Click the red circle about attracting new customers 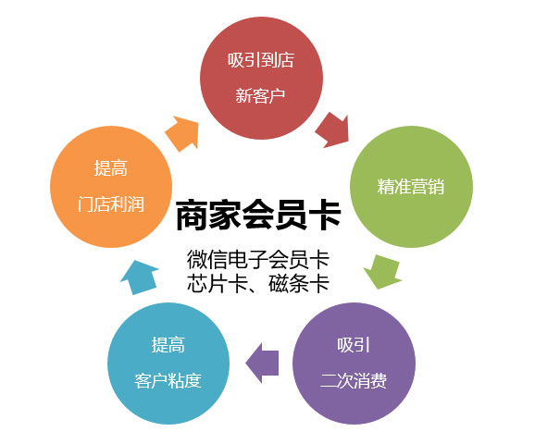[261, 78]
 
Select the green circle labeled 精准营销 [411, 187]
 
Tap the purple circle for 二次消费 [354, 364]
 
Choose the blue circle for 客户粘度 [168, 364]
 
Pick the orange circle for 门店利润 [111, 187]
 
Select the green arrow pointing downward [383, 272]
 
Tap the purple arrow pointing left [262, 363]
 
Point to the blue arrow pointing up [139, 277]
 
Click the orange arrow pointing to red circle [182, 133]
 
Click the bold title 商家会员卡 [258, 216]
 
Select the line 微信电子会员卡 [258, 260]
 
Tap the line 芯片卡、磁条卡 [258, 283]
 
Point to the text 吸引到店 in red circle [261, 60]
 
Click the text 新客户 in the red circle [260, 95]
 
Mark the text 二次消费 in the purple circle [354, 381]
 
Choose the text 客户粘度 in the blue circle [168, 381]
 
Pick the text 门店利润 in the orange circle [111, 204]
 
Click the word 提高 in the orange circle [111, 168]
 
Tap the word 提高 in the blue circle [168, 345]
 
